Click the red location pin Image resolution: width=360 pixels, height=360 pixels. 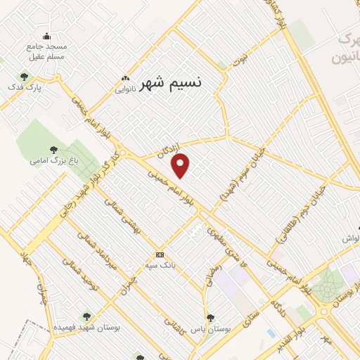[181, 165]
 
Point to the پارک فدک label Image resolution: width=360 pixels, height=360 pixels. [30, 89]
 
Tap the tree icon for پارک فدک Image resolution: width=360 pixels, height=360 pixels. [24, 77]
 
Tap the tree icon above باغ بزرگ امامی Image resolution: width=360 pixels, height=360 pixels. [53, 149]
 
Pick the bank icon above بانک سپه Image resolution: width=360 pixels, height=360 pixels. [160, 255]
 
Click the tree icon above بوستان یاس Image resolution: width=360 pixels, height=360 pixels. [210, 318]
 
